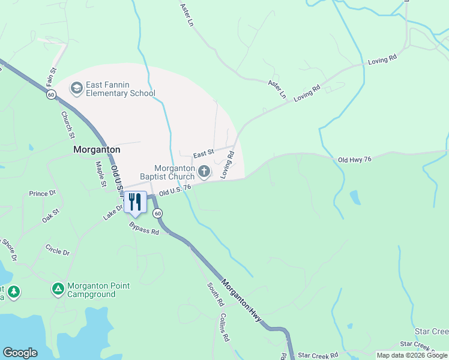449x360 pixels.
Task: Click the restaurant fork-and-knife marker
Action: (135, 202)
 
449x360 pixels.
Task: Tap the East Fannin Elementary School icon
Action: (76, 89)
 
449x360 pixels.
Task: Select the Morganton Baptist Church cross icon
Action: (204, 172)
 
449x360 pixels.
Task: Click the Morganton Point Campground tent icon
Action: (58, 290)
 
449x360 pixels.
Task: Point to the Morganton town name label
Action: (97, 149)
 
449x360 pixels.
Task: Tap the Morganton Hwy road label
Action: (242, 300)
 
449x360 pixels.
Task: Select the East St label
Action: (203, 155)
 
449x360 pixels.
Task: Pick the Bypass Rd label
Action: (144, 229)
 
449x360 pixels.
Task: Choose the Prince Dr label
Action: (42, 193)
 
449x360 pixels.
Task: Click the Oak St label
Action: (51, 215)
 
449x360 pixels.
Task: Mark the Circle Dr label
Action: (58, 249)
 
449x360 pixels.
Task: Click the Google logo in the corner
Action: (20, 353)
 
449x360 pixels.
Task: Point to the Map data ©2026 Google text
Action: (412, 355)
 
